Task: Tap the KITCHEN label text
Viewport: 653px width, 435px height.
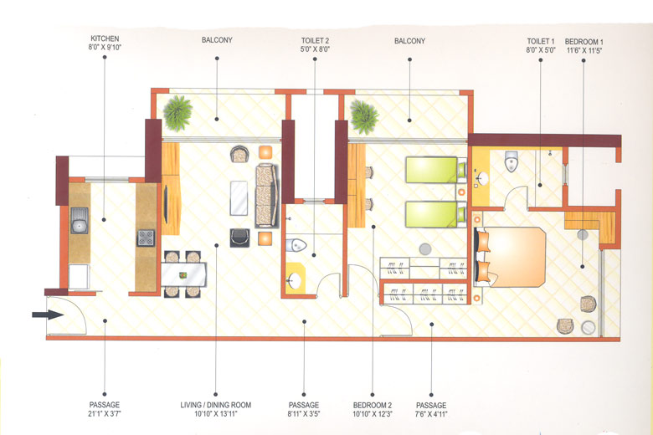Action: tap(106, 39)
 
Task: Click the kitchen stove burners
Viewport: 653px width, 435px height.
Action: tap(146, 238)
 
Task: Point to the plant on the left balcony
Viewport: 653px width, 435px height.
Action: tap(177, 113)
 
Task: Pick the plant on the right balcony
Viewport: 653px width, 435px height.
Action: tap(364, 115)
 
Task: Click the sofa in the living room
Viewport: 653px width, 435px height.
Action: tap(266, 194)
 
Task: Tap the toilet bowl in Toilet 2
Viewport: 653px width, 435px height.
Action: tap(299, 246)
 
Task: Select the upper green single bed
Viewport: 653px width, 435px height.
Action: tap(434, 171)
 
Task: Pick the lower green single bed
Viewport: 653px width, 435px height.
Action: tap(434, 214)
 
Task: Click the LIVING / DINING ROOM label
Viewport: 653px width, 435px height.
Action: tap(215, 405)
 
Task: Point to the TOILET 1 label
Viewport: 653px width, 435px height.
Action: tap(541, 40)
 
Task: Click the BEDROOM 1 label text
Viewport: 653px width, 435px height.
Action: tap(584, 40)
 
